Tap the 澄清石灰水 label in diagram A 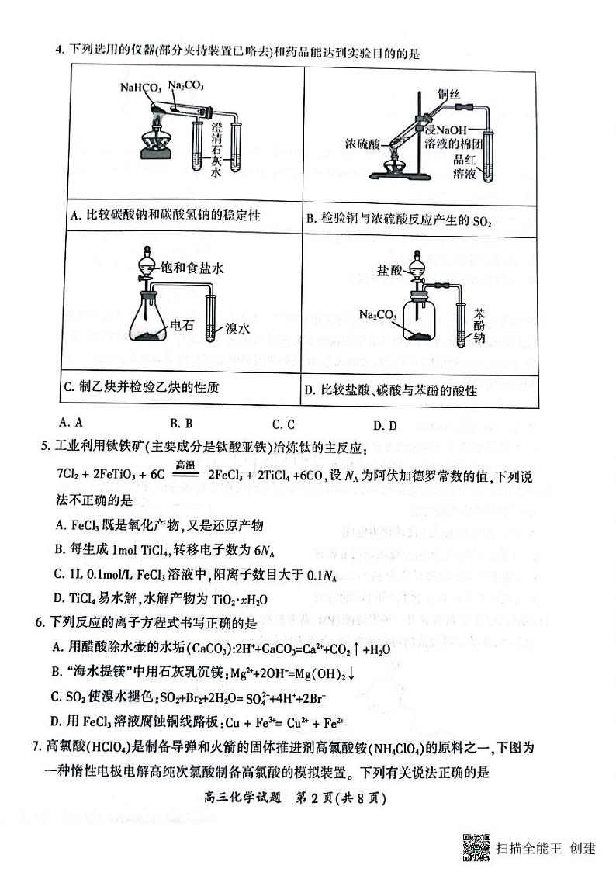(x=216, y=147)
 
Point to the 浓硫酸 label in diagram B (x=363, y=144)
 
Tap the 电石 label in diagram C (x=181, y=327)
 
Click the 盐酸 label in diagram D (x=389, y=270)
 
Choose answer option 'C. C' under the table (x=284, y=424)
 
